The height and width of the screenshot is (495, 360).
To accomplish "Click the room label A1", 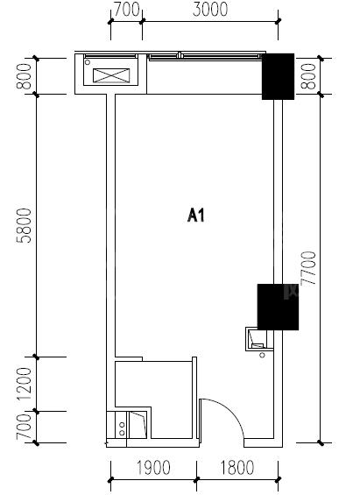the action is pyautogui.click(x=196, y=216).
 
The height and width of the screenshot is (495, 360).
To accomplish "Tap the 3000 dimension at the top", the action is pyautogui.click(x=210, y=9).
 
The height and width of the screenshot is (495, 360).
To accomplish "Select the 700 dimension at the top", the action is pyautogui.click(x=126, y=9).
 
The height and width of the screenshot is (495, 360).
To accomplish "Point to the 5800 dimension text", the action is pyautogui.click(x=25, y=225).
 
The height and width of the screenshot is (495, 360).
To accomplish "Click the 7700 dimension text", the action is pyautogui.click(x=308, y=268).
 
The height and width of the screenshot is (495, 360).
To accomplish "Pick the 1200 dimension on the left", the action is pyautogui.click(x=25, y=384).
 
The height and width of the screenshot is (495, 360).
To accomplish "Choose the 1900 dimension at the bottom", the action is pyautogui.click(x=153, y=468).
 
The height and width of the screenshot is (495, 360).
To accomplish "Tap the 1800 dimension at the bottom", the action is pyautogui.click(x=236, y=468).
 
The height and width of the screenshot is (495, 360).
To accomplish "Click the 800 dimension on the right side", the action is pyautogui.click(x=308, y=76).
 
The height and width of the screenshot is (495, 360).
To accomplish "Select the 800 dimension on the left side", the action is pyautogui.click(x=25, y=76).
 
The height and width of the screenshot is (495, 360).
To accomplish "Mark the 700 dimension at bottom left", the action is pyautogui.click(x=25, y=427).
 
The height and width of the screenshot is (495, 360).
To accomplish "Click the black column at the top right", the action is pyautogui.click(x=278, y=76).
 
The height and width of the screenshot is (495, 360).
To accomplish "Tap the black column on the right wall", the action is pyautogui.click(x=278, y=308).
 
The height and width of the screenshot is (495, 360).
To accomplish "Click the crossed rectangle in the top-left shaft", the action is pyautogui.click(x=111, y=75).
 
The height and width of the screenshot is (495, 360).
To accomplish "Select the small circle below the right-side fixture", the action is pyautogui.click(x=262, y=355).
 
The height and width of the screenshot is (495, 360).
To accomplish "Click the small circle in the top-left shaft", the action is pyautogui.click(x=88, y=62).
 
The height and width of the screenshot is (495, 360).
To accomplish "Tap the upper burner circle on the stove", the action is pyautogui.click(x=122, y=425).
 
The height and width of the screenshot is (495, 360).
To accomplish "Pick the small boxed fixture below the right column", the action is pyautogui.click(x=258, y=339).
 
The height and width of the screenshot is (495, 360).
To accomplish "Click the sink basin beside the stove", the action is pyautogui.click(x=138, y=425).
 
